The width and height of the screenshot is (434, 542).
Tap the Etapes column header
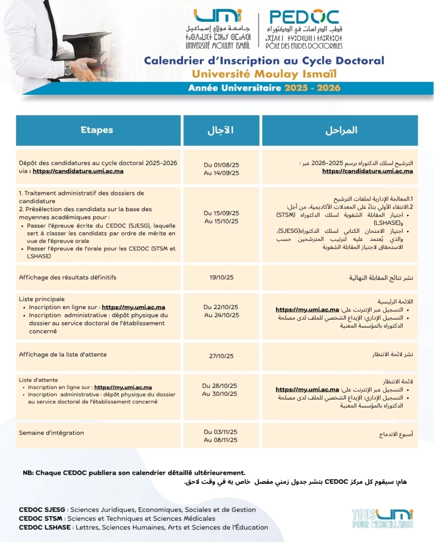point(96,130)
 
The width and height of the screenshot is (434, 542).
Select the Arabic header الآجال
point(220,130)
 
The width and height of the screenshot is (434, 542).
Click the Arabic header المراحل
point(340,130)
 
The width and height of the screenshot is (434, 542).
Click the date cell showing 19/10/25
point(222,277)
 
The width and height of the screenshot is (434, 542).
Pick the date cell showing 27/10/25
point(222,356)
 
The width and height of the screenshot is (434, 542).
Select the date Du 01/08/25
point(222,165)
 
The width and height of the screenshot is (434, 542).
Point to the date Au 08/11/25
point(222,440)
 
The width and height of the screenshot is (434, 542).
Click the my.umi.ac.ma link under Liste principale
point(133,307)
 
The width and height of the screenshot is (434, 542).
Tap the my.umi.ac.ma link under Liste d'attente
point(123,387)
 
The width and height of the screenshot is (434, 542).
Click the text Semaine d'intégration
point(51,433)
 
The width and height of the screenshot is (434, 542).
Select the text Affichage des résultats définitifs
point(67,277)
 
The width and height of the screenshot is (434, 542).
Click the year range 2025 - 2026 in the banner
point(312,88)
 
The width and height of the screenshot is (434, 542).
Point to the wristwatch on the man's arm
point(68,68)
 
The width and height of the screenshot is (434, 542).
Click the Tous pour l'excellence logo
point(383,518)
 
